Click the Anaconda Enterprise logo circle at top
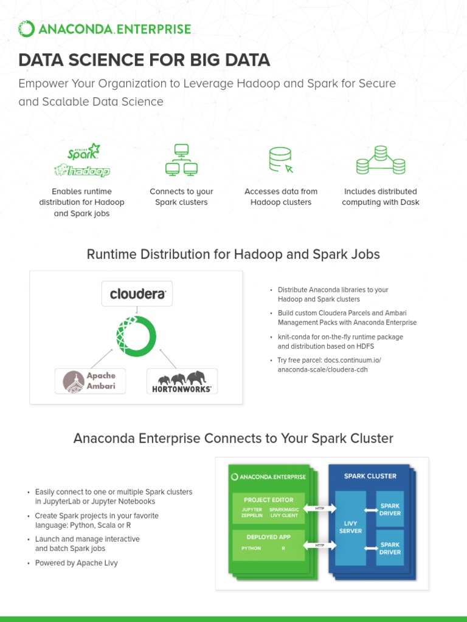[x=26, y=29]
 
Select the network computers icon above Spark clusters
[x=181, y=160]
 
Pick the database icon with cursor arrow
[x=281, y=160]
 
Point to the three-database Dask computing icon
[x=380, y=159]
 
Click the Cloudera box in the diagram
[x=137, y=293]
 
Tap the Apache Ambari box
[x=91, y=380]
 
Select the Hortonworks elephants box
[x=182, y=381]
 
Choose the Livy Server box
[x=350, y=527]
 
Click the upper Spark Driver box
[x=390, y=510]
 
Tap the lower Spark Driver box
[x=390, y=548]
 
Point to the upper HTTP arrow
[x=319, y=508]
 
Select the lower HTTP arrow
[x=319, y=545]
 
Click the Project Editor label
[x=268, y=500]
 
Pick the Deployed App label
[x=268, y=537]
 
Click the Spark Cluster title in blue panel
[x=370, y=476]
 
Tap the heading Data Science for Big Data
[x=144, y=60]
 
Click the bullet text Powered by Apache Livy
[x=77, y=563]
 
